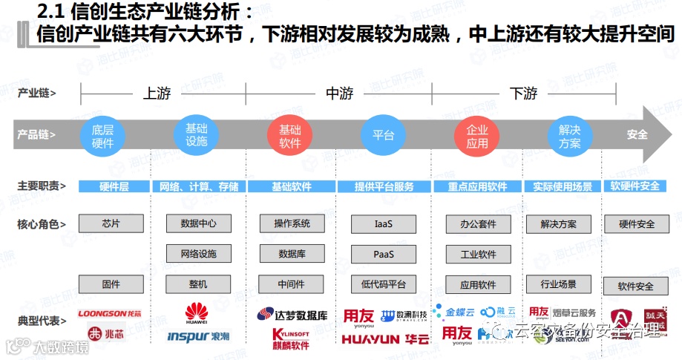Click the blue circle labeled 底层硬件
coord(102,135)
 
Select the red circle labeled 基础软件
coord(290,135)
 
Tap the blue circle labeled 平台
coord(383,135)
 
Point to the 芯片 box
coord(111,223)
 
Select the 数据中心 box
coord(198,223)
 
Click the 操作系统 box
coord(292,223)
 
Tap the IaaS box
coord(383,223)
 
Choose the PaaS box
coord(383,254)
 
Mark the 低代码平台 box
coord(383,284)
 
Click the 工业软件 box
coord(478,254)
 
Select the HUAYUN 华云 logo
coord(385,339)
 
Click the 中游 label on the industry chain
coord(339,94)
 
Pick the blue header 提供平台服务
coord(384,186)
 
